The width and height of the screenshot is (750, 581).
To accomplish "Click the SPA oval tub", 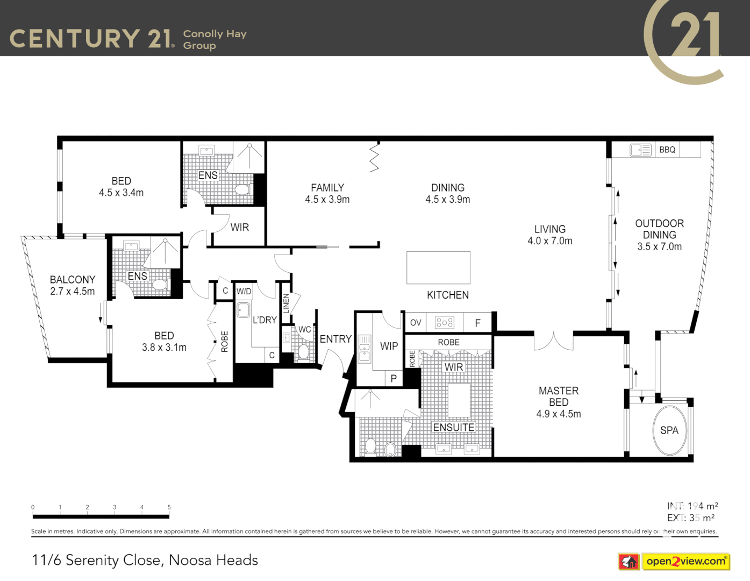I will point(669,430).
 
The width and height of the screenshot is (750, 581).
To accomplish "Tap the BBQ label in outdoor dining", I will point(667,150).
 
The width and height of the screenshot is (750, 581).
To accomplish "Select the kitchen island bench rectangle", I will point(438,267).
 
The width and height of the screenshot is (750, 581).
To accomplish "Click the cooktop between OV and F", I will point(444,322).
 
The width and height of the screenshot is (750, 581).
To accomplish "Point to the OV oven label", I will point(416,323).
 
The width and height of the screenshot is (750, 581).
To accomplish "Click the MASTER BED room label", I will point(559,396).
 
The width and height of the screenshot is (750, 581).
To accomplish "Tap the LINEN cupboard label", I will point(286,304).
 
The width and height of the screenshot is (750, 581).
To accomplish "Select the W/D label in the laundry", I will point(244,291).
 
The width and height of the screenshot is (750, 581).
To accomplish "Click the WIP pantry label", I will point(389,346).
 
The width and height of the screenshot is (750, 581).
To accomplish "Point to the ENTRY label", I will point(335,339).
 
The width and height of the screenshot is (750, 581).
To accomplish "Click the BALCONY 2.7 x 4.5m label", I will point(72,286).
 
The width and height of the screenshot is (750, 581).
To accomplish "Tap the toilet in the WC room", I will point(303,352).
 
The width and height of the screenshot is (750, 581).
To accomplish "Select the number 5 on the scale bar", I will point(169,507).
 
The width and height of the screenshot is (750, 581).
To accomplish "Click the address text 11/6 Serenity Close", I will point(145,560).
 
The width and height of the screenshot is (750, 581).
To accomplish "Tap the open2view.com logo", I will point(685,561).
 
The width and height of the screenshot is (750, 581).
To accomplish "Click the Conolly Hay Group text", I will point(215,39).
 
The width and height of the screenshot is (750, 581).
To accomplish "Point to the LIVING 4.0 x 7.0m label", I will point(549,235).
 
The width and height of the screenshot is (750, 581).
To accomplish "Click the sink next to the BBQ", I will point(640,150).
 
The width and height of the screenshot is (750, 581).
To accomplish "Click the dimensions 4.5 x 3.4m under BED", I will point(121,193).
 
